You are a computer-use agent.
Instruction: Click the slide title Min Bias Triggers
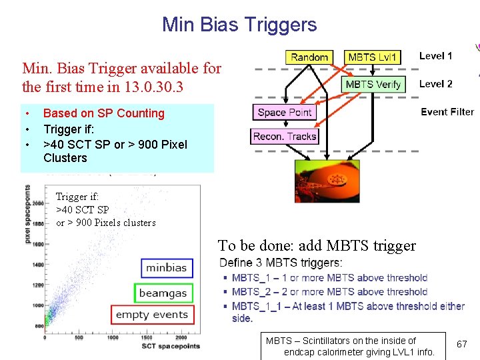point(239,25)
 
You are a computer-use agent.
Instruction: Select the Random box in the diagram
point(309,57)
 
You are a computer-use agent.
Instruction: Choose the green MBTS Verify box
point(373,84)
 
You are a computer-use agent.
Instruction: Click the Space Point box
point(285,112)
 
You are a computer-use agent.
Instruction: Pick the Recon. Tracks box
point(285,136)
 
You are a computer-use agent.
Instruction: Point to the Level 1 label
point(435,56)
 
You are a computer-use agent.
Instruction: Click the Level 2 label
point(435,83)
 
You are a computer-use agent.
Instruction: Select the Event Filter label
point(447,112)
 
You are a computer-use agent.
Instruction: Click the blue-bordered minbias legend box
point(167,268)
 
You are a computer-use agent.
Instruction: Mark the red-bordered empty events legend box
point(152,315)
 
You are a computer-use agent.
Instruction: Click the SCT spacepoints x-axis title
point(170,346)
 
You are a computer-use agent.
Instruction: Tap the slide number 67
point(461,344)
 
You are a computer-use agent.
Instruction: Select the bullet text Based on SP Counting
point(103,113)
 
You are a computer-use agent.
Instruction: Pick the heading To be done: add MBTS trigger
point(317,245)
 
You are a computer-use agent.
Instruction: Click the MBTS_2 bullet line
point(329,292)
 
